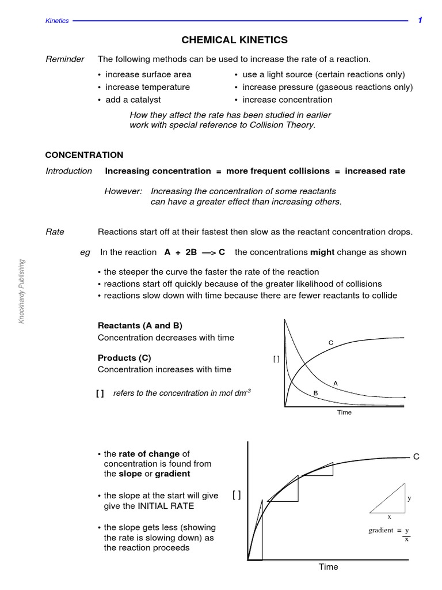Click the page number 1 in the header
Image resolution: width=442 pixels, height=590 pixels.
point(420,20)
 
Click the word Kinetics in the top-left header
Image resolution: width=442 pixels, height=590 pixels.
point(57,21)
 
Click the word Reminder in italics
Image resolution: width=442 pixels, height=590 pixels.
point(64,59)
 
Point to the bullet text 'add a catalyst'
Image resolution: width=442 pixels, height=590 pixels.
point(133,100)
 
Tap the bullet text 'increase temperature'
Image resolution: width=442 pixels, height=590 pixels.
point(147,87)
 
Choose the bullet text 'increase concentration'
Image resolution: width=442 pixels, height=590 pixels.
point(287,100)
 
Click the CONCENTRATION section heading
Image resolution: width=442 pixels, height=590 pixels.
point(84,155)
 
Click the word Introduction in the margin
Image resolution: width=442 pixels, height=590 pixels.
point(68,171)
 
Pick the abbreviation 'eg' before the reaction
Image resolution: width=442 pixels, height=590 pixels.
point(86,252)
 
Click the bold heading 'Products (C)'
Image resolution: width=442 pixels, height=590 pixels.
point(124,358)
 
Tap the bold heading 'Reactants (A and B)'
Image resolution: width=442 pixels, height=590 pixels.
point(140,326)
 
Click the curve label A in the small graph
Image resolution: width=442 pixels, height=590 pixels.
point(336,383)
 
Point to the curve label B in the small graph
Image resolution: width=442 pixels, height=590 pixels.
point(315,393)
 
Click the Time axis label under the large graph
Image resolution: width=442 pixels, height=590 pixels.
point(329,567)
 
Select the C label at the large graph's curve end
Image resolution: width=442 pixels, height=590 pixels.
point(416,456)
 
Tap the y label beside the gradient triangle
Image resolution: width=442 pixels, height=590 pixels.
point(409,498)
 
